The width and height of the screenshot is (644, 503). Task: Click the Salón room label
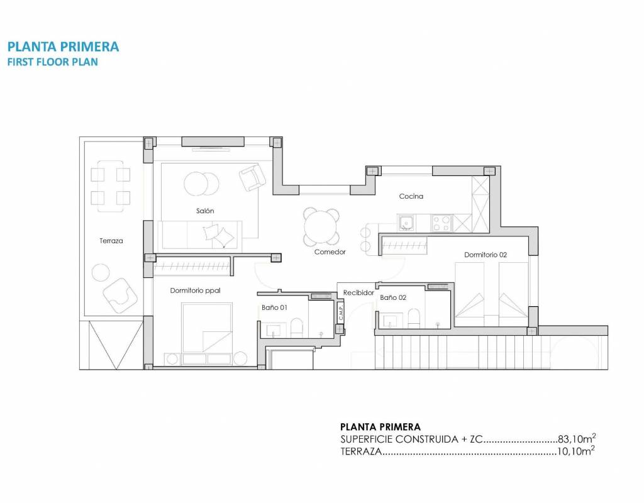pyautogui.click(x=205, y=211)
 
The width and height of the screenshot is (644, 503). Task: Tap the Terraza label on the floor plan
pyautogui.click(x=111, y=241)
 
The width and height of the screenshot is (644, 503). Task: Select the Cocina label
pyautogui.click(x=411, y=196)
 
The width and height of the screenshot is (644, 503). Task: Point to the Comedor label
pyautogui.click(x=330, y=251)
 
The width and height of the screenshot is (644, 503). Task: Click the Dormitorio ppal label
pyautogui.click(x=195, y=290)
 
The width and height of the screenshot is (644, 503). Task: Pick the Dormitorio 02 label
pyautogui.click(x=486, y=255)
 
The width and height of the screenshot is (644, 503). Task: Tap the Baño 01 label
pyautogui.click(x=274, y=307)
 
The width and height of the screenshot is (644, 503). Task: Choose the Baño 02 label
pyautogui.click(x=393, y=297)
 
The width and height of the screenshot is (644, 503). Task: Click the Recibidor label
pyautogui.click(x=358, y=293)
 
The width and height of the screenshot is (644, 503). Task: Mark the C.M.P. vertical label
pyautogui.click(x=341, y=312)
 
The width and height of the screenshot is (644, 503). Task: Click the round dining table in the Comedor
pyautogui.click(x=321, y=227)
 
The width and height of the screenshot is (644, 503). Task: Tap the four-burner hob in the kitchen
pyautogui.click(x=441, y=223)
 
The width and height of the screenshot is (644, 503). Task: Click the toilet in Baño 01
pyautogui.click(x=296, y=327)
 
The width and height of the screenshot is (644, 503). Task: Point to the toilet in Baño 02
pyautogui.click(x=414, y=319)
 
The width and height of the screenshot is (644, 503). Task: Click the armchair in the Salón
pyautogui.click(x=252, y=177)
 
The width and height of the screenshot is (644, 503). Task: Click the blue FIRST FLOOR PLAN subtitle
pyautogui.click(x=53, y=62)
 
